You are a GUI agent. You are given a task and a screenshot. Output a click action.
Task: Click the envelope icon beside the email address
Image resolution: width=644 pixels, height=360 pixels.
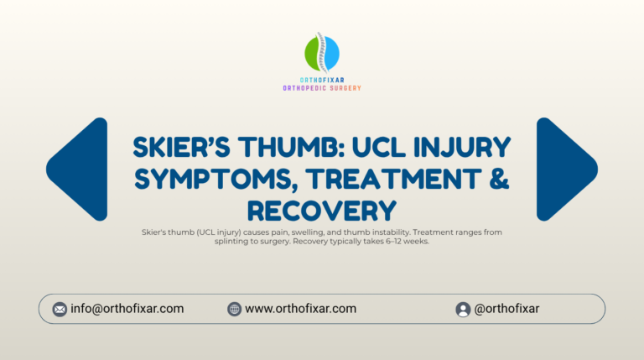(60, 309)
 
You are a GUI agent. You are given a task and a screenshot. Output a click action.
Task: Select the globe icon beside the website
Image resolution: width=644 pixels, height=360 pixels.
(234, 309)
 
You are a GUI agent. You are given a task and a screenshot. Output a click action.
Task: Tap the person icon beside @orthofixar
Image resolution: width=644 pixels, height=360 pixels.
(463, 309)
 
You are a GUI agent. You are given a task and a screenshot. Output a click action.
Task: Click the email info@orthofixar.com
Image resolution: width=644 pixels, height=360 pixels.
(127, 309)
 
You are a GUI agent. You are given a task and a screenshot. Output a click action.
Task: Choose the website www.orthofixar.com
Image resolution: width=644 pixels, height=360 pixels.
(301, 309)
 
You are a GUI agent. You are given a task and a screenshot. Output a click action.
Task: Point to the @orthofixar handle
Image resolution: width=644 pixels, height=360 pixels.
(506, 309)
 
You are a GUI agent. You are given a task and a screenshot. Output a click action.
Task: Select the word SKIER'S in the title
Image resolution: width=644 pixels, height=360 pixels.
(181, 147)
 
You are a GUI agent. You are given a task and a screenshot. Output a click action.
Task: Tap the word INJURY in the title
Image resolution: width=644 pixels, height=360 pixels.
(462, 147)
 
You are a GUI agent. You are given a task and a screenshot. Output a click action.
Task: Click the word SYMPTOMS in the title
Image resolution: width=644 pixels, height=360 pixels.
(213, 180)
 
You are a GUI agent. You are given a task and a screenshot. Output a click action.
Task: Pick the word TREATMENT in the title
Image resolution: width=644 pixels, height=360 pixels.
(393, 180)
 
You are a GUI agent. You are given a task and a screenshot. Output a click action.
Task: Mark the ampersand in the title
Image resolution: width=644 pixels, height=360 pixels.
(499, 180)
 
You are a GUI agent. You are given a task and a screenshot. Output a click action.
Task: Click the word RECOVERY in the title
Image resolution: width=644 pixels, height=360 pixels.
(322, 211)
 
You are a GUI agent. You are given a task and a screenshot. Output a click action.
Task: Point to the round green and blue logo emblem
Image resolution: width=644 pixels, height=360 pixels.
(322, 54)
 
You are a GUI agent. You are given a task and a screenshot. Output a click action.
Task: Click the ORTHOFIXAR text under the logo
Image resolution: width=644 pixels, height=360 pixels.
(322, 80)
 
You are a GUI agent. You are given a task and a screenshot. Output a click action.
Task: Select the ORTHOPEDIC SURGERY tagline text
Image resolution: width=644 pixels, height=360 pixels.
(322, 88)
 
